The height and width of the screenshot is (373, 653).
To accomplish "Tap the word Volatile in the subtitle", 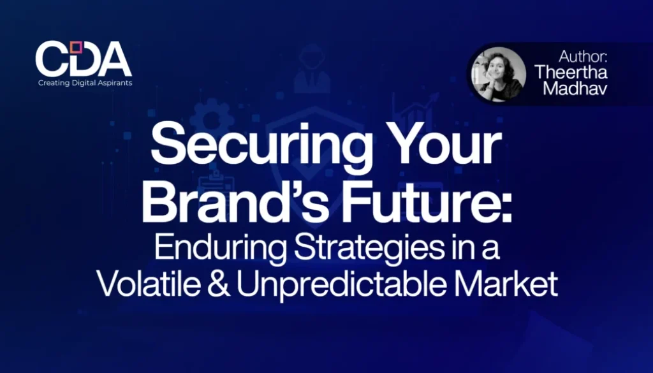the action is tap(149, 284).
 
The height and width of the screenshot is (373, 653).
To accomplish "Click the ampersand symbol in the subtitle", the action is tap(219, 284).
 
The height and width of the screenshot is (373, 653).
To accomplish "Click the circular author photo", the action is tap(498, 74).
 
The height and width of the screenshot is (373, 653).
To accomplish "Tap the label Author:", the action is tap(583, 55).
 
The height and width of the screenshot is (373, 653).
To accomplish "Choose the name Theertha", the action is tap(571, 72).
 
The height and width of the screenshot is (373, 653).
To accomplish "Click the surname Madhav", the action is tap(575, 88).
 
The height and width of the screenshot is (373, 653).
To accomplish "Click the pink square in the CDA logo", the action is tap(76, 47).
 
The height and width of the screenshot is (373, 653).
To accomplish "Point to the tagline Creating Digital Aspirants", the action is tap(85, 83).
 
